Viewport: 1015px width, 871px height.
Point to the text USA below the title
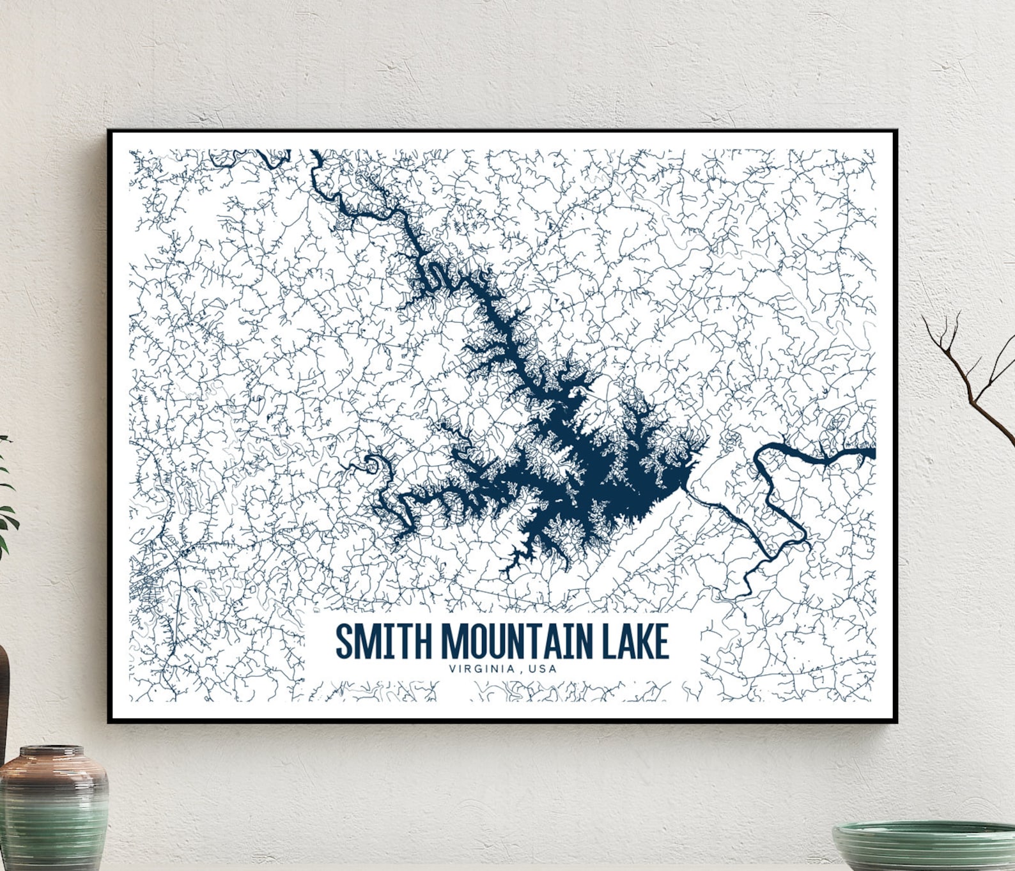point(543,669)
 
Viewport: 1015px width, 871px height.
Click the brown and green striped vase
point(54,809)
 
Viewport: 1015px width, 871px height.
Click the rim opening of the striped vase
point(51,751)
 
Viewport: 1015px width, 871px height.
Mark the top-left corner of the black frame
point(109,131)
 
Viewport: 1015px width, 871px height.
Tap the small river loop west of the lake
point(370,463)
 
